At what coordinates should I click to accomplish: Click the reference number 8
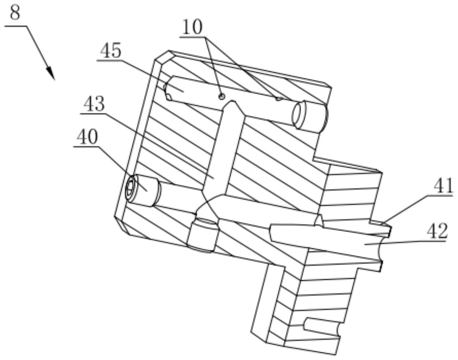(15, 13)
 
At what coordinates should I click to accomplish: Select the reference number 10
(192, 27)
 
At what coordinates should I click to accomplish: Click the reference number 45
(111, 51)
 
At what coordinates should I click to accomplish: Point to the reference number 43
(94, 104)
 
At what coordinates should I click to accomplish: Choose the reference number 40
(87, 137)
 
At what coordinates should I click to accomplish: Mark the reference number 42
(437, 231)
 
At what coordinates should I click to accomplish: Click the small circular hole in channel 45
(222, 96)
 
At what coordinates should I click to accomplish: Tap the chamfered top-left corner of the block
(163, 56)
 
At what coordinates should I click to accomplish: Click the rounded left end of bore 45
(167, 89)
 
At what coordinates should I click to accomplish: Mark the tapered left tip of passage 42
(272, 232)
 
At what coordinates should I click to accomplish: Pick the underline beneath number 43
(94, 113)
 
